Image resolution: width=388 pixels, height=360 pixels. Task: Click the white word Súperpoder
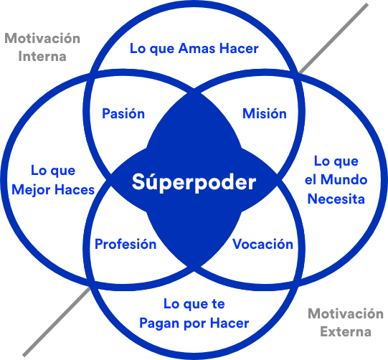pos(194,183)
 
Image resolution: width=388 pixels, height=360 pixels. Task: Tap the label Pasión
pos(123,113)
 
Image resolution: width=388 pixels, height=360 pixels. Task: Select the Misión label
pos(265,113)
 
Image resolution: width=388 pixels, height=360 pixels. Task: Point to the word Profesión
pos(126,245)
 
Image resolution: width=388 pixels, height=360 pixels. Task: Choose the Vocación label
pos(262,245)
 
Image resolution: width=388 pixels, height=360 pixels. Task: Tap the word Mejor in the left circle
pos(31,191)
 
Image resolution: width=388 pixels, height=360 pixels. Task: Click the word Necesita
pos(336,199)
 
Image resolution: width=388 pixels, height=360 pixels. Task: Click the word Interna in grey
pos(42,57)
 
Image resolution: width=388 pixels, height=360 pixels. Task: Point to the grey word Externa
pos(346,332)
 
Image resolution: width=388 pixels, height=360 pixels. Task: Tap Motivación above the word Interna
pos(42,38)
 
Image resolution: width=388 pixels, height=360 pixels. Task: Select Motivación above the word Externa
pos(346,313)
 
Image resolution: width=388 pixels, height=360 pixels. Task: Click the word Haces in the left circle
pos(75,190)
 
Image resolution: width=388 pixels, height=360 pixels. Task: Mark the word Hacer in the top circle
pos(239,48)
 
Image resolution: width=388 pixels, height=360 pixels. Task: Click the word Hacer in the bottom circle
pos(230,323)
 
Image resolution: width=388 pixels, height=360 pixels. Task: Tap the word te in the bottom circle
pos(218,304)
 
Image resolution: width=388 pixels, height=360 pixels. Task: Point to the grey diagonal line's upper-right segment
pos(333,38)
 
